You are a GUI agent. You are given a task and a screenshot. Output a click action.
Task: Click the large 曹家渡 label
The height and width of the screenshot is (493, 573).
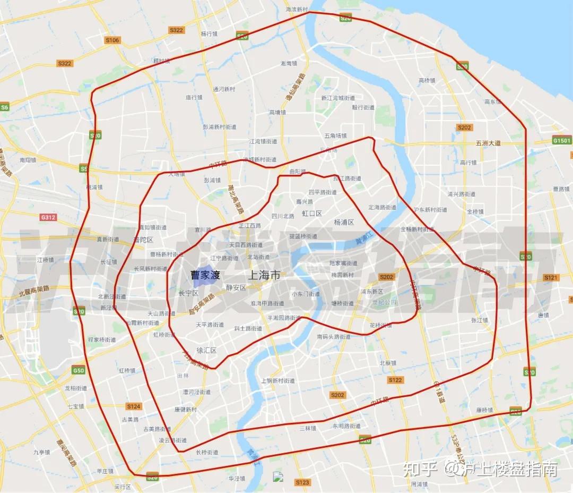[205, 275]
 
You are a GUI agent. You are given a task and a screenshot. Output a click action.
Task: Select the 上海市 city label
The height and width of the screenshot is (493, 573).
[264, 275]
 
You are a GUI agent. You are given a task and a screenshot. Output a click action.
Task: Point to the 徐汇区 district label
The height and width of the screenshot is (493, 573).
[207, 350]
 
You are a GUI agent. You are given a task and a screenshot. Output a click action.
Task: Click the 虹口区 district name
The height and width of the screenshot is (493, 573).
[312, 213]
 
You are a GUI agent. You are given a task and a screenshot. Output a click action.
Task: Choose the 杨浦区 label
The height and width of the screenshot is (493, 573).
[344, 222]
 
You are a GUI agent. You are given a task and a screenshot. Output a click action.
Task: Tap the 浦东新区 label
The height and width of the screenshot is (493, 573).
[372, 291]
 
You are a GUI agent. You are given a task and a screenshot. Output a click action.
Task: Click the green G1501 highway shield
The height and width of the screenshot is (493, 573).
[562, 141]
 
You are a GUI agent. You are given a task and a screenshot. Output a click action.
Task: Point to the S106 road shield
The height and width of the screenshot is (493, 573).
[112, 40]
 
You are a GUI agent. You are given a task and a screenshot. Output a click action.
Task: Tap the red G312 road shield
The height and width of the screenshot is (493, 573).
[48, 217]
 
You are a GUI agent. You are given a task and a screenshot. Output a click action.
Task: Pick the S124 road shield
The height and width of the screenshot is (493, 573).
[134, 406]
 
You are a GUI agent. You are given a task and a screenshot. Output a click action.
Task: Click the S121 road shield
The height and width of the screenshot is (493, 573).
[552, 277]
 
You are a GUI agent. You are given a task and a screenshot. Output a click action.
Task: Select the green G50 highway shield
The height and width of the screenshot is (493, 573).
[79, 370]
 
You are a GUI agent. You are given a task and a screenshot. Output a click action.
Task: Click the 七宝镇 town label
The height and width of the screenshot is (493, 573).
[76, 406]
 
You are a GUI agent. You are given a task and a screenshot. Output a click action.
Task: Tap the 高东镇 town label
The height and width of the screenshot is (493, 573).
[493, 101]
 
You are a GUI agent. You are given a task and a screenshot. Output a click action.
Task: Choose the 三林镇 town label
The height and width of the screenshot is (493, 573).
[307, 428]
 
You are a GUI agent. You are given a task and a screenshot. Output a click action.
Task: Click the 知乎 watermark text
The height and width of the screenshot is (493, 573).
[420, 469]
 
